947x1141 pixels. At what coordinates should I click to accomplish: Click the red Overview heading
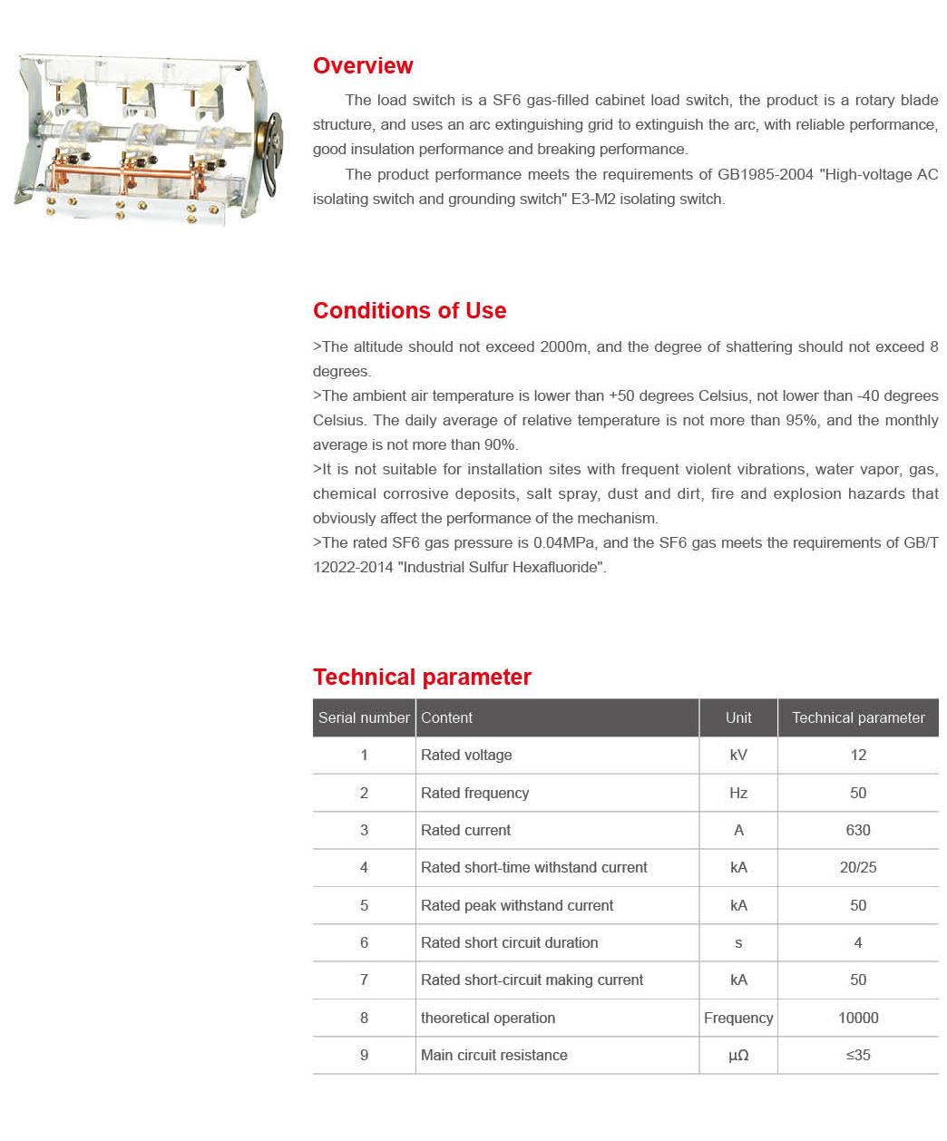point(363,66)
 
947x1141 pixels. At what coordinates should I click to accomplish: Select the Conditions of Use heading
point(409,311)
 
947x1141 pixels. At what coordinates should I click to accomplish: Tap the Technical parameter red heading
point(422,678)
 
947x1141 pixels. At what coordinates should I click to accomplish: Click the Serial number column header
point(364,717)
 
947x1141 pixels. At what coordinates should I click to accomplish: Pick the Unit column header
point(738,717)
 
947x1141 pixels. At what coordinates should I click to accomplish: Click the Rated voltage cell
point(466,755)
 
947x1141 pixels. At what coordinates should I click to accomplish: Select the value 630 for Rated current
point(858,830)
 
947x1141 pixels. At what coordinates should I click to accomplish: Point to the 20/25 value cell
point(858,867)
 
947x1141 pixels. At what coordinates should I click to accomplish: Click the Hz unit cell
point(738,793)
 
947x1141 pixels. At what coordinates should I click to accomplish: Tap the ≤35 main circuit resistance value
point(858,1055)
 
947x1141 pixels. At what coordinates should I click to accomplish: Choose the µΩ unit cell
point(738,1055)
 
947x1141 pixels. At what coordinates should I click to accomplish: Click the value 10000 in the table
point(858,1018)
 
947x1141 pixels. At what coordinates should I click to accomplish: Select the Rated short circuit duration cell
point(509,942)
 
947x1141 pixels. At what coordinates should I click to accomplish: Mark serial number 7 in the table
point(364,980)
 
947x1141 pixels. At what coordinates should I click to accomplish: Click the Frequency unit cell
point(738,1018)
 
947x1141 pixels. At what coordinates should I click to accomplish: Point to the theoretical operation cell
point(488,1018)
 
